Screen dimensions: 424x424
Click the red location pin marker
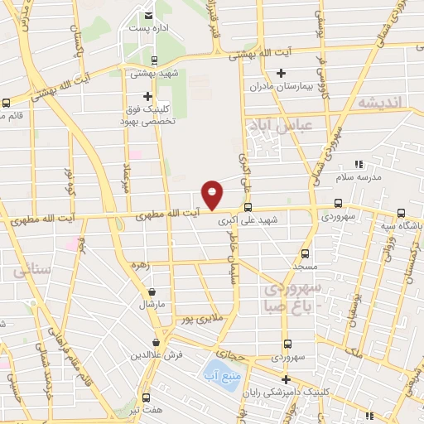click(x=213, y=194)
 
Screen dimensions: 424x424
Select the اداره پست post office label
click(x=149, y=28)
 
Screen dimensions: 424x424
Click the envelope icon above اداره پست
click(x=149, y=15)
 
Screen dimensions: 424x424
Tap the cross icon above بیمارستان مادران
click(x=282, y=74)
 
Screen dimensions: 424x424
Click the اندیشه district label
click(x=380, y=102)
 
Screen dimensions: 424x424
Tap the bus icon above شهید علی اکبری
click(x=248, y=208)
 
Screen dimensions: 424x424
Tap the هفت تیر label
click(x=146, y=411)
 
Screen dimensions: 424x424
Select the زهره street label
click(x=139, y=267)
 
